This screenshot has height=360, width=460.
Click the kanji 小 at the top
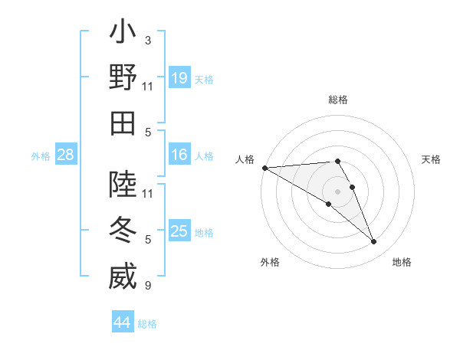point(123,33)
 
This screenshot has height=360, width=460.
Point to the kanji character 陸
point(123,185)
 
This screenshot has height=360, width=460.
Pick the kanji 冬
point(123,231)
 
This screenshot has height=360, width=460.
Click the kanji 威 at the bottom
point(123,276)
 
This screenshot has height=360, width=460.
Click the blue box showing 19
point(179,77)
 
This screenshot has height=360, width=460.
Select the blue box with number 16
point(179,155)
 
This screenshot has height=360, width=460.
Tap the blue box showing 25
point(179,231)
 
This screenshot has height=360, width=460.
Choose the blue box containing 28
point(65,155)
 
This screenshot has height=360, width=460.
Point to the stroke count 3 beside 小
point(147,41)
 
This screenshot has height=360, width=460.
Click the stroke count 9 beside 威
point(147,286)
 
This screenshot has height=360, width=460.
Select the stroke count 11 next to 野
point(148,87)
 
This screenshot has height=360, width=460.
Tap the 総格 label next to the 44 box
point(147,324)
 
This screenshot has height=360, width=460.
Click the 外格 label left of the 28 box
point(41,156)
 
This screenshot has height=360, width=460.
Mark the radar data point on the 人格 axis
point(264,167)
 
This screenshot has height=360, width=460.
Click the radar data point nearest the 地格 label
point(373,242)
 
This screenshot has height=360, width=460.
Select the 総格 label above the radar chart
point(337,100)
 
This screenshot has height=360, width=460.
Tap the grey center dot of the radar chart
point(337,191)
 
